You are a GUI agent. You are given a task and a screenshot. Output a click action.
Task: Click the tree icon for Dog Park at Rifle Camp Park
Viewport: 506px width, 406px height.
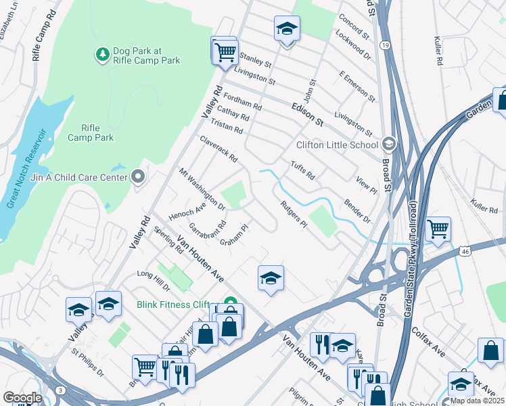pyautogui.click(x=102, y=54)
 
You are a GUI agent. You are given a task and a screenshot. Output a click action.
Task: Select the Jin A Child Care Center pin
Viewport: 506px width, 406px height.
pyautogui.click(x=139, y=177)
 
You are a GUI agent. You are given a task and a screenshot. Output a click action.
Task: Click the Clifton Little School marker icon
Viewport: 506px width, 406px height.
pyautogui.click(x=388, y=144)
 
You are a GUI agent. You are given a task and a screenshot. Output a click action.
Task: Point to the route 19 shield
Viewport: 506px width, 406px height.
pyautogui.click(x=384, y=45)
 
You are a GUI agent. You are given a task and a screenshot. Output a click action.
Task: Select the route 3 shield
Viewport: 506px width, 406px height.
pyautogui.click(x=61, y=390)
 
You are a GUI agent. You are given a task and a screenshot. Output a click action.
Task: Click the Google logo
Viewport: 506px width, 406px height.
pyautogui.click(x=22, y=398)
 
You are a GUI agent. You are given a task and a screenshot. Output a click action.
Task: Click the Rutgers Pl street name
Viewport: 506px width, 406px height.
pyautogui.click(x=294, y=214)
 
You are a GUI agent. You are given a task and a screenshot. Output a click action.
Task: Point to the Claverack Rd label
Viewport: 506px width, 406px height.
pyautogui.click(x=218, y=149)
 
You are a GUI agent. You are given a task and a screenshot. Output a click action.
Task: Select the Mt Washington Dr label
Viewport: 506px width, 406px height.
pyautogui.click(x=202, y=188)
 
